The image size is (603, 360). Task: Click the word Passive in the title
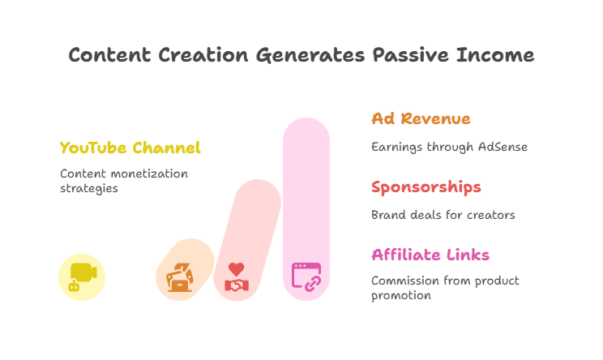click(x=410, y=55)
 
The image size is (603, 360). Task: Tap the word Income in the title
click(x=495, y=55)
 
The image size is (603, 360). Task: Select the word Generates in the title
click(x=310, y=56)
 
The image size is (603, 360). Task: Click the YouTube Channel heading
click(x=130, y=148)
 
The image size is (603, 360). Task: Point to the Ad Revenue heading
click(x=421, y=118)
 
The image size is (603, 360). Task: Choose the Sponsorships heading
click(x=426, y=187)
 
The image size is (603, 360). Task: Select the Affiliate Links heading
click(x=430, y=255)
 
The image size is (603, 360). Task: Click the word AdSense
click(x=502, y=147)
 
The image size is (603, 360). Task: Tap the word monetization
click(x=149, y=174)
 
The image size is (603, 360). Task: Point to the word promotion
click(x=401, y=296)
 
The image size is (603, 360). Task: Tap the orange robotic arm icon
click(x=180, y=276)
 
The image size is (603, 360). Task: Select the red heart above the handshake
click(x=236, y=269)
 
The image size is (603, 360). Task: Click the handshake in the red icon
click(x=237, y=285)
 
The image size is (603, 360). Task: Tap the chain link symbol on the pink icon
click(x=313, y=284)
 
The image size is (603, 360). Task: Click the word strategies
click(x=89, y=189)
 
